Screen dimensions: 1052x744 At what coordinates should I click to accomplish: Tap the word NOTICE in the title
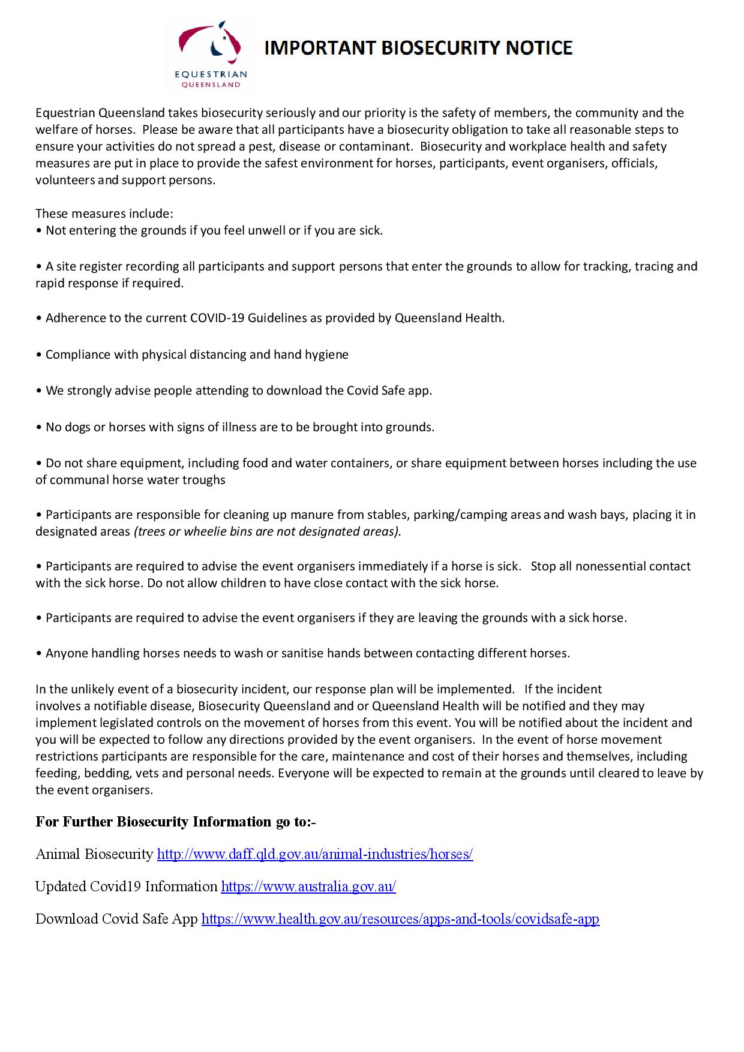click(539, 48)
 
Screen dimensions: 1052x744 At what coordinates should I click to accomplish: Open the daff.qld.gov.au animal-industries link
click(315, 854)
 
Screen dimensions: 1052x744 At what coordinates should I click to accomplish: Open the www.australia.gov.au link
click(308, 886)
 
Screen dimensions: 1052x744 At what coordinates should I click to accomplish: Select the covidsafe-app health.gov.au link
click(400, 919)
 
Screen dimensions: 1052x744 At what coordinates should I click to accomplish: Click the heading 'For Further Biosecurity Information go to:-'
click(176, 822)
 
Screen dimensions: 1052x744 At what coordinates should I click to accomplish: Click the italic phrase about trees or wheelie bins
click(267, 531)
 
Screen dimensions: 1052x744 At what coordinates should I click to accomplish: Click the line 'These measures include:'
click(104, 214)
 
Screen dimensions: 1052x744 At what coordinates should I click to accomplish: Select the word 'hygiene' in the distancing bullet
click(328, 354)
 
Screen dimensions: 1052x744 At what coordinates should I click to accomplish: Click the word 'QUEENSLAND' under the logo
click(211, 85)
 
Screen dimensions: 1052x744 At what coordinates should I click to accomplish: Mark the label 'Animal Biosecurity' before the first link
click(94, 854)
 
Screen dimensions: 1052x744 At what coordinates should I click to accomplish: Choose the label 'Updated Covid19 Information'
click(126, 886)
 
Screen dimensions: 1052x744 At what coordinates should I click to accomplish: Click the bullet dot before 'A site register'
click(39, 266)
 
